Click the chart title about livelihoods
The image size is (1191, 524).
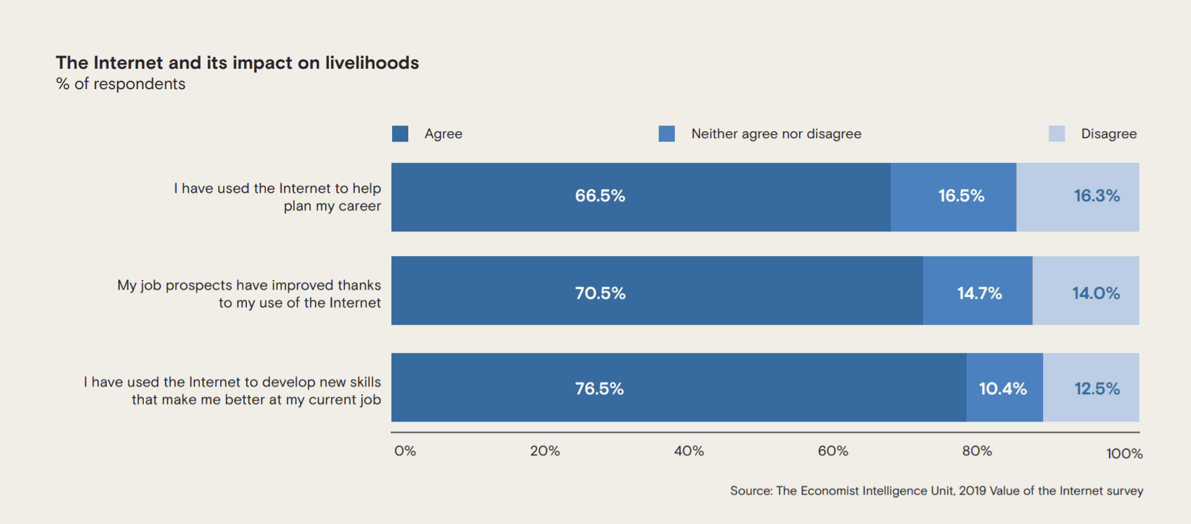point(237,62)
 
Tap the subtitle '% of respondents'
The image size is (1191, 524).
point(121,84)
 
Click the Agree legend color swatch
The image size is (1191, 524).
point(400,133)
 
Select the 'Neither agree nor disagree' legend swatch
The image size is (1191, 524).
point(667,133)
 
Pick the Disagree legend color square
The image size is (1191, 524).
point(1056,133)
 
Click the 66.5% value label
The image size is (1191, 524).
point(600,196)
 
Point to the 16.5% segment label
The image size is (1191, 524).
point(962,196)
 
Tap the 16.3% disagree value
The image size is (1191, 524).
point(1097,196)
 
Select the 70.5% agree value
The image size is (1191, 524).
point(600,293)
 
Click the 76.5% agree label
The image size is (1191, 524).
point(599,389)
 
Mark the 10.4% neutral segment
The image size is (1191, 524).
point(1005,388)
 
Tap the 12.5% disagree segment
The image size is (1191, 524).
point(1091,388)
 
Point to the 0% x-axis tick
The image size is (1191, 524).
point(405,451)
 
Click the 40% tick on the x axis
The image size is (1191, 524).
point(689,451)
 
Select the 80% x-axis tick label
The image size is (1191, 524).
point(977,451)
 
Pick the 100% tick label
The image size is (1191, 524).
point(1124,454)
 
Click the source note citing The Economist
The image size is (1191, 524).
point(936,490)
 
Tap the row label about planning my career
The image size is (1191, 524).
point(278,197)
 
